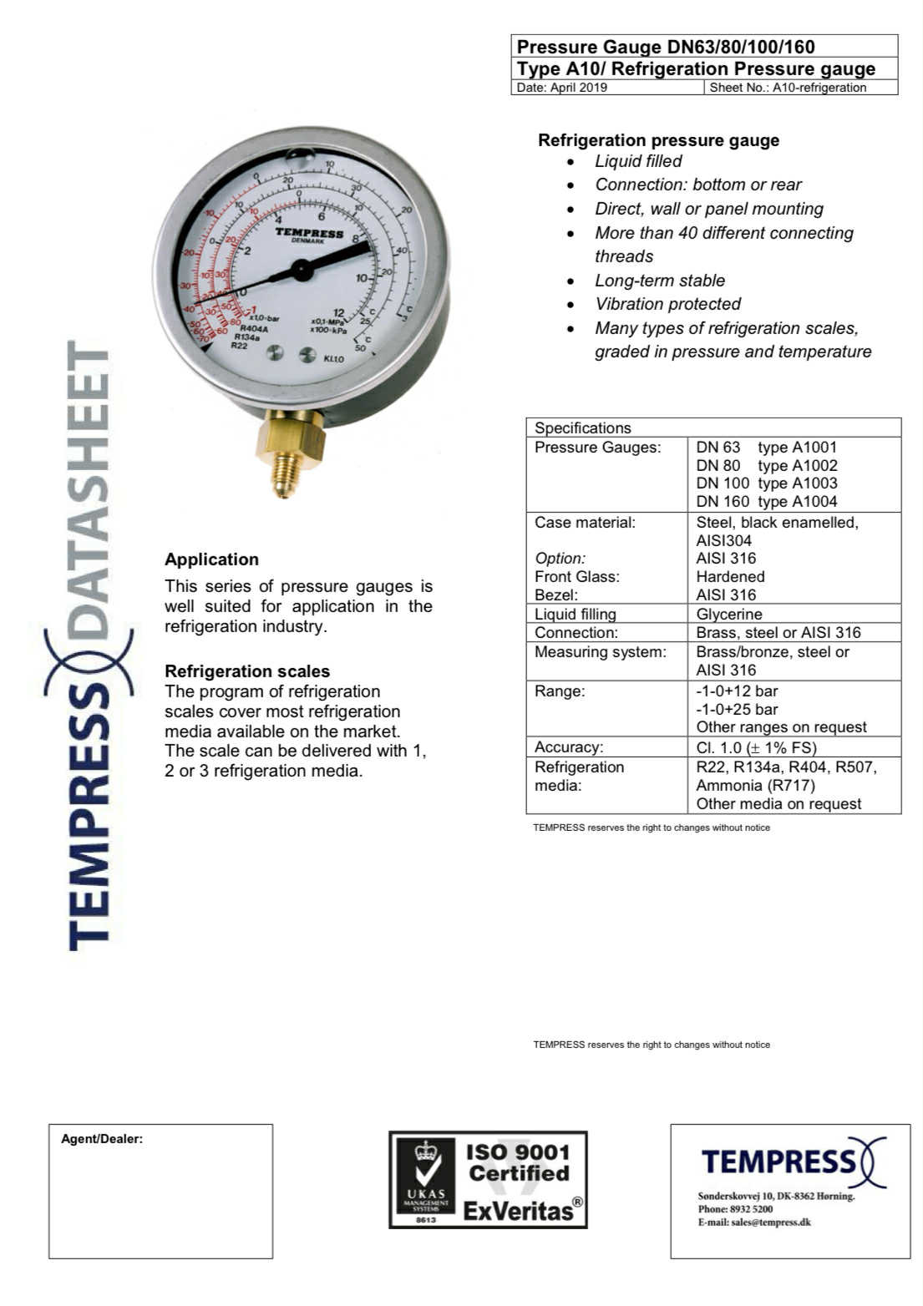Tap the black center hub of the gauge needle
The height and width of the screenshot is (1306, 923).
pyautogui.click(x=302, y=269)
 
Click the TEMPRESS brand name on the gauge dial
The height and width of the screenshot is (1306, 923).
pyautogui.click(x=309, y=232)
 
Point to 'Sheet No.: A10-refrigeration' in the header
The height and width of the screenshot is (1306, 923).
pyautogui.click(x=787, y=88)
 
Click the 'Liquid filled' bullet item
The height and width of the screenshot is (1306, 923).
pyautogui.click(x=638, y=161)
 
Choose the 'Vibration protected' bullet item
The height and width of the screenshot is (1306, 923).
pyautogui.click(x=667, y=304)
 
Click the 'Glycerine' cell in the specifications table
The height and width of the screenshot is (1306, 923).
pyautogui.click(x=729, y=614)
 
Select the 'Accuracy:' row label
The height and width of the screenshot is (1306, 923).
pyautogui.click(x=568, y=747)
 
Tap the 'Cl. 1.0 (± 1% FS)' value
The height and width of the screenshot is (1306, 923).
pyautogui.click(x=756, y=747)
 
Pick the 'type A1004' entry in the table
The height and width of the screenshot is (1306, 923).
pyautogui.click(x=797, y=501)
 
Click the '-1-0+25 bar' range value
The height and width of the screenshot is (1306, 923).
pyautogui.click(x=737, y=709)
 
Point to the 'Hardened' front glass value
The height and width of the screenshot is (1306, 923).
pyautogui.click(x=730, y=576)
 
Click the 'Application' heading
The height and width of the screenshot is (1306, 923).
pyautogui.click(x=211, y=559)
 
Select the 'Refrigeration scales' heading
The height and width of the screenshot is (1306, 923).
pyautogui.click(x=247, y=671)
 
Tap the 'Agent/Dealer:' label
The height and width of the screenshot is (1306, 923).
pyautogui.click(x=102, y=1139)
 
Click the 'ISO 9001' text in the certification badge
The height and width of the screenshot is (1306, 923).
pyautogui.click(x=517, y=1152)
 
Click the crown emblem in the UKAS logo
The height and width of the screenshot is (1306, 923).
pyautogui.click(x=426, y=1151)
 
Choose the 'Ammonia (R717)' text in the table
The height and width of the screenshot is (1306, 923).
pyautogui.click(x=755, y=785)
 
